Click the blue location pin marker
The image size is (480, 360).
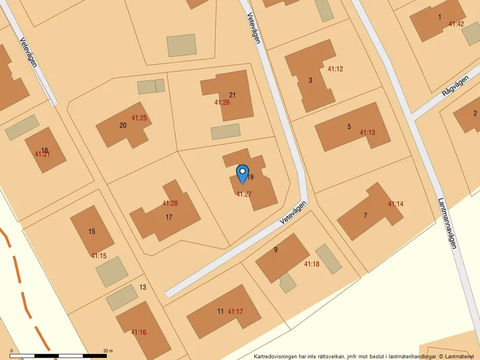242,174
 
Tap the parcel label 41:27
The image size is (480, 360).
244,194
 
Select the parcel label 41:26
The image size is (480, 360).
222,103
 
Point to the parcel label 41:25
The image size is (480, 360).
139,118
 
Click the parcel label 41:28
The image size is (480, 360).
170,204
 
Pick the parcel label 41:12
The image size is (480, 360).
335,69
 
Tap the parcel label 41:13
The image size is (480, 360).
367,133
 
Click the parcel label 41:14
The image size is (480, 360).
396,204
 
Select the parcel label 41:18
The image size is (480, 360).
312,264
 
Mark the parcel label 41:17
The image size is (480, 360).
236,312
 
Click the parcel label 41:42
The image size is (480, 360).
456,24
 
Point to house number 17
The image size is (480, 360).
169,218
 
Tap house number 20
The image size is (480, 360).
123,125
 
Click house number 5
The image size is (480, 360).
349,127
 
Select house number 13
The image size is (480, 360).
143,287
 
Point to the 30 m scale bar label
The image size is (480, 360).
108,351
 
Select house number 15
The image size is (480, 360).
92,231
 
